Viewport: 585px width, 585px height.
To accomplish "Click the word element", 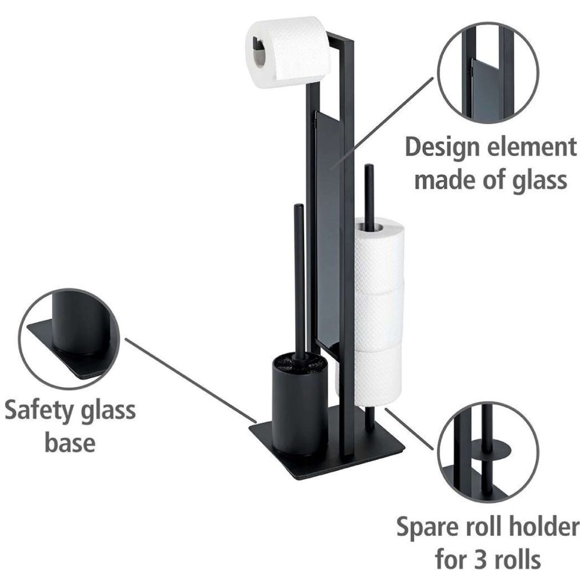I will coord(534,147).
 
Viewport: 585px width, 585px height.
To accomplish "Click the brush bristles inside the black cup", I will coord(298,362).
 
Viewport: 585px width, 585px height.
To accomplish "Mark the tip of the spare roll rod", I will coord(369,167).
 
